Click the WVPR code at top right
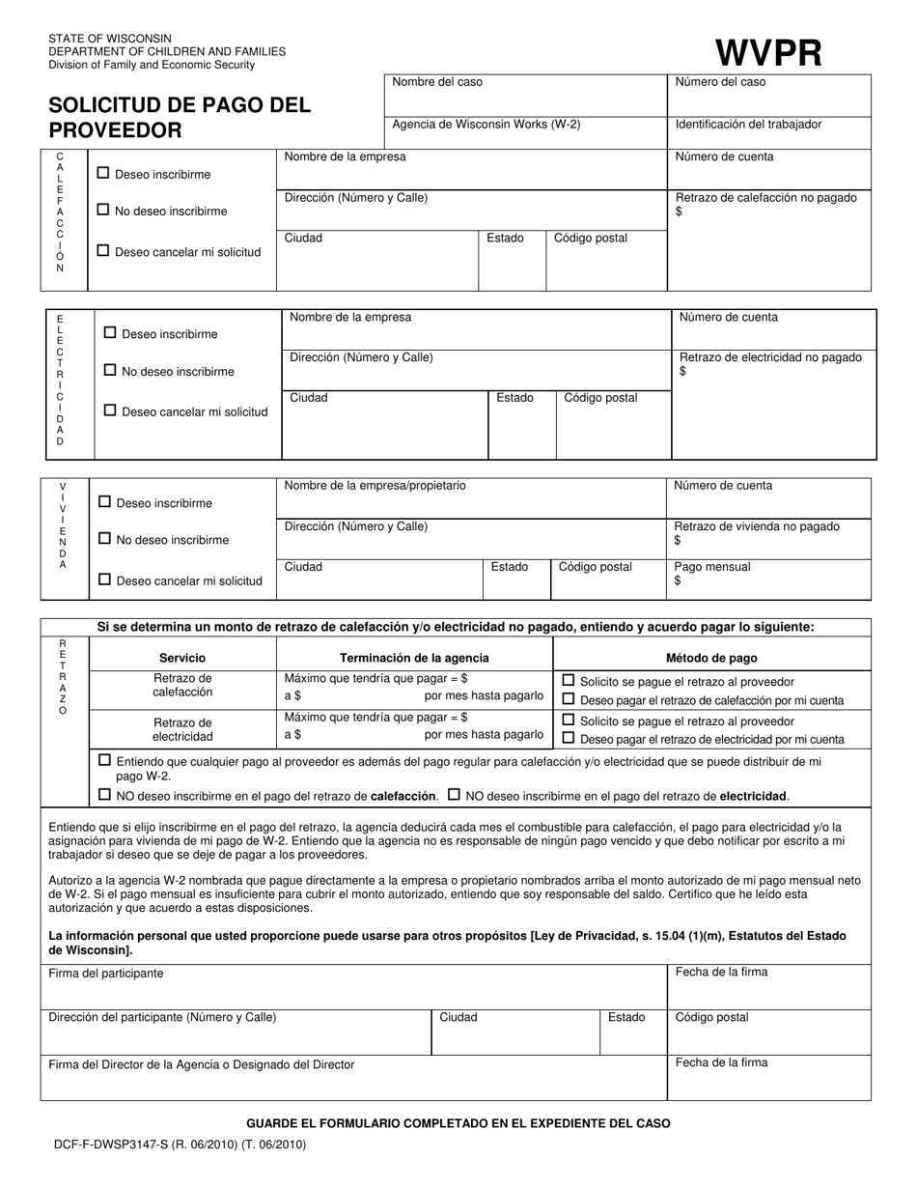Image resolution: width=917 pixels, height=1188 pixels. point(768,51)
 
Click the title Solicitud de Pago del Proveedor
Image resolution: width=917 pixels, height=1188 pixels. point(180,118)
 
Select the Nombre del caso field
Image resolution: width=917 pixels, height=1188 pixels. point(525,96)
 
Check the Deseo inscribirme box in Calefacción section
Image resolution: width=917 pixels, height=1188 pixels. point(103,173)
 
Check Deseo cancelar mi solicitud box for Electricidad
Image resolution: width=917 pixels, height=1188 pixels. point(110,410)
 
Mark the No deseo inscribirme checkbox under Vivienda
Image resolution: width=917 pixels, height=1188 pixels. point(104,539)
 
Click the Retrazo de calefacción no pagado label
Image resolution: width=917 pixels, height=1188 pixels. point(766,198)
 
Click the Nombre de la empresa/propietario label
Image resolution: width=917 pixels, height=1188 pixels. point(375,486)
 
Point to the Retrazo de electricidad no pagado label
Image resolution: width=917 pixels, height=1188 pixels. point(770,357)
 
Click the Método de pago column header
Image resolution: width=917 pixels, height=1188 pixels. point(711,658)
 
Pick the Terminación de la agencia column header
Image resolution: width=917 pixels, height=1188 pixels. point(414,658)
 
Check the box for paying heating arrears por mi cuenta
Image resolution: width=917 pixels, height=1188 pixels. point(569,699)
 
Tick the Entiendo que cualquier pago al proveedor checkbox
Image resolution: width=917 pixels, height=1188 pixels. point(104,760)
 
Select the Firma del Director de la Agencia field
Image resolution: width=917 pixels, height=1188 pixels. point(352,1077)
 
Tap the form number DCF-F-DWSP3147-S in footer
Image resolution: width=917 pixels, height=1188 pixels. point(178,1145)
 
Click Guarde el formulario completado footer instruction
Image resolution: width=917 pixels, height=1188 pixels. point(458,1123)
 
